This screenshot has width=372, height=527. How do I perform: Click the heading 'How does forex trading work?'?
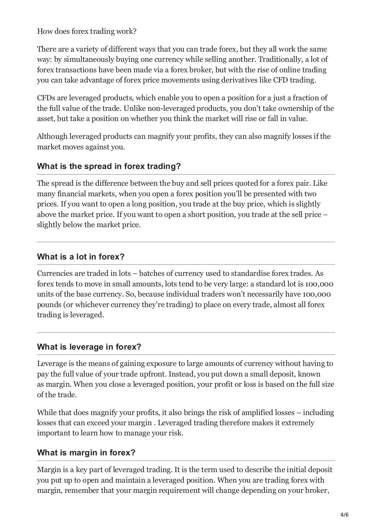(x=86, y=31)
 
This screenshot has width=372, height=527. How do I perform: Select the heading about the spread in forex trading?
(x=109, y=166)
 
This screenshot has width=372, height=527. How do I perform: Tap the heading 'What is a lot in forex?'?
(x=81, y=257)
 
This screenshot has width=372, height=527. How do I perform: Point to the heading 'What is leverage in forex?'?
(x=89, y=347)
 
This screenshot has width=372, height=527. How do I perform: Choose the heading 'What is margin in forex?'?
(x=86, y=453)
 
